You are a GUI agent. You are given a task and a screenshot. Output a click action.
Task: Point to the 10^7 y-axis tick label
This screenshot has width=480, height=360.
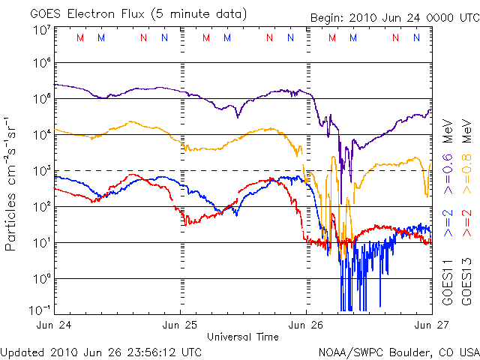pos(41,30)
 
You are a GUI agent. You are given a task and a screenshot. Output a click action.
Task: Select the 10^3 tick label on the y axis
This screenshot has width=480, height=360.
pos(41,172)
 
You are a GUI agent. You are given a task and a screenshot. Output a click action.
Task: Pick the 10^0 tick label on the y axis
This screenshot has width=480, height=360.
pos(41,279)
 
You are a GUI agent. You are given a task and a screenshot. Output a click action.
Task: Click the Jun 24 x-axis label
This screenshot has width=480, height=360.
pos(55,325)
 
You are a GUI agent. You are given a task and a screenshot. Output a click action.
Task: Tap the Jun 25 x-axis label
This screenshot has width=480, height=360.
pos(181,325)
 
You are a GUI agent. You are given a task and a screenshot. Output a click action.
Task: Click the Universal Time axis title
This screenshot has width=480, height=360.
pos(243,337)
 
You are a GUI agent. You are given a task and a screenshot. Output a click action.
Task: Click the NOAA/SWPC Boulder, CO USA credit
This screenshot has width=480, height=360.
pos(398,352)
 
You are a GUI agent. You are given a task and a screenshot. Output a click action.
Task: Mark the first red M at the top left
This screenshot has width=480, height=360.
pos(80,37)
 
